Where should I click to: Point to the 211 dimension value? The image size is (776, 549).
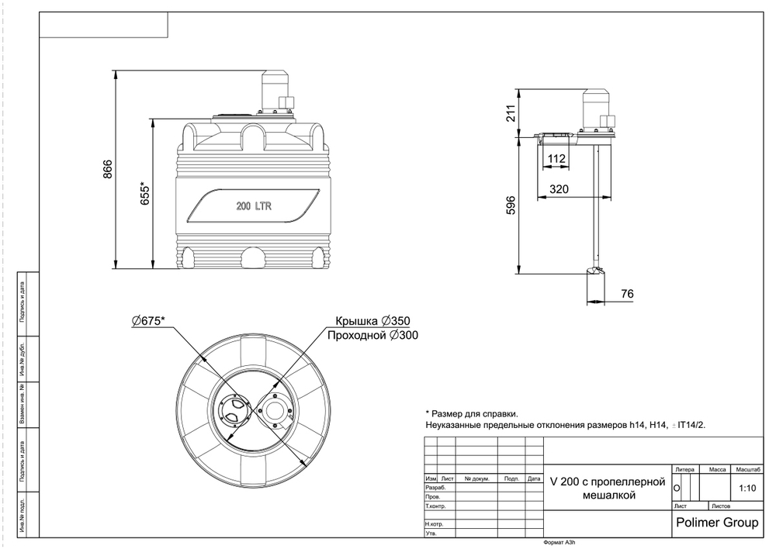[511, 114]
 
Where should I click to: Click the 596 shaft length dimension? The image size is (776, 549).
[511, 206]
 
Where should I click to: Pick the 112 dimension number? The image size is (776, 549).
[556, 159]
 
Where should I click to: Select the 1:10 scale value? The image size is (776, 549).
[748, 489]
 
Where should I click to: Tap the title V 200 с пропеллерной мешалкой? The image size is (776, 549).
[608, 488]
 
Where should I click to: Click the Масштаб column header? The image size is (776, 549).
[748, 469]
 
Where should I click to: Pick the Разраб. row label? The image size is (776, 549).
[435, 488]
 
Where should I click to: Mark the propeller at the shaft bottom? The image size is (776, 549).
[595, 271]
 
